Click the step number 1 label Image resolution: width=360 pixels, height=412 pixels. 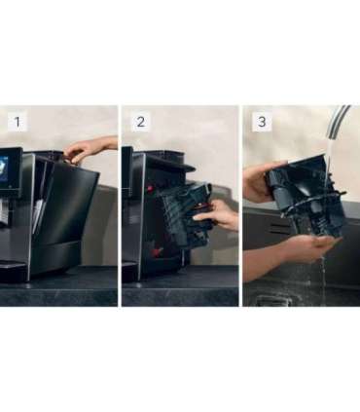[18, 122]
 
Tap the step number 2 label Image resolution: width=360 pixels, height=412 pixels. [140, 122]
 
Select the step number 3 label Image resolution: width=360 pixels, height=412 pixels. [261, 122]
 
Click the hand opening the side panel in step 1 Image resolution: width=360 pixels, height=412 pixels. [88, 150]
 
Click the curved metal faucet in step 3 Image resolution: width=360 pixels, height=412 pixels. [336, 131]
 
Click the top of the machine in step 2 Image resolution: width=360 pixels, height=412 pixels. [161, 155]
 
